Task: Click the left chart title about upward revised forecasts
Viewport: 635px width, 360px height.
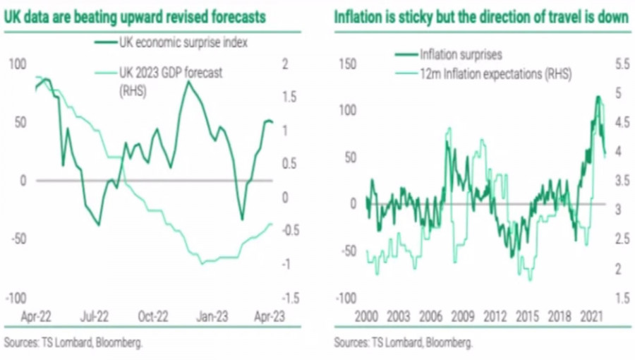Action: point(135,16)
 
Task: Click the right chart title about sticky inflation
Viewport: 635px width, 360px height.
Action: point(481,16)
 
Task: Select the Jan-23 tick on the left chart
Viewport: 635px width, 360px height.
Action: point(210,318)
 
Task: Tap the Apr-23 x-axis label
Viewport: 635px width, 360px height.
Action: point(268,318)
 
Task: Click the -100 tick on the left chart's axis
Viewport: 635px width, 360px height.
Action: point(17,297)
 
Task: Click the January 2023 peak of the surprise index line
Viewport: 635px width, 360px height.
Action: point(188,82)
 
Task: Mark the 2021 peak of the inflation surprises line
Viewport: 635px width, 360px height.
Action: point(598,97)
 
